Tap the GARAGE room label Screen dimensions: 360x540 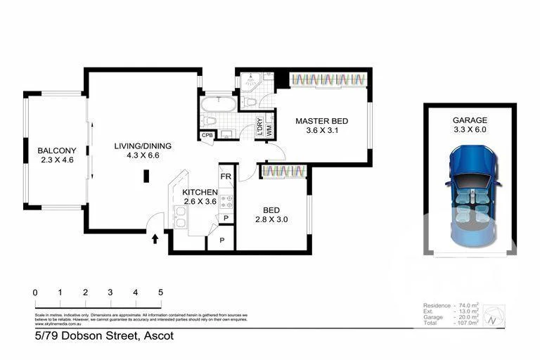[x=470, y=120]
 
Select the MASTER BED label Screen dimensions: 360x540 [x=321, y=121]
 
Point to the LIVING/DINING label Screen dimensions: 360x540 [x=143, y=146]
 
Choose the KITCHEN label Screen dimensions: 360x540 [x=200, y=192]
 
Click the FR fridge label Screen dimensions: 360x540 [x=226, y=176]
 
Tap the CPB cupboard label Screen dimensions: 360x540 [x=207, y=135]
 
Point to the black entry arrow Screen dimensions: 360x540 [x=155, y=240]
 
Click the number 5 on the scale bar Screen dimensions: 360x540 [x=160, y=292]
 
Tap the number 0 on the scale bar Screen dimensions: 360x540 [x=35, y=292]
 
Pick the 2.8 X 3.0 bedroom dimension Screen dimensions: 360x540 [x=272, y=219]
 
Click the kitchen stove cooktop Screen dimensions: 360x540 [x=226, y=203]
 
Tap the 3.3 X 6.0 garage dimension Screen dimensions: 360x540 [x=470, y=129]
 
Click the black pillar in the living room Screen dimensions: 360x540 [x=146, y=176]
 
